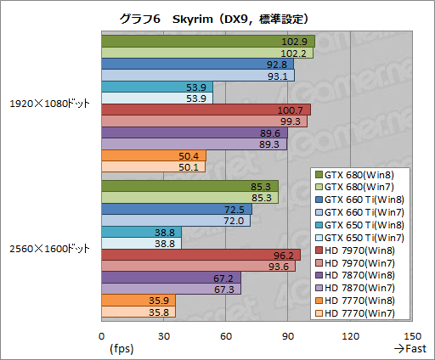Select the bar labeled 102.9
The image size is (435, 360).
tap(207, 41)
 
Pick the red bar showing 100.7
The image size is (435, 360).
tap(206, 110)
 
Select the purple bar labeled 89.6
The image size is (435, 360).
tap(194, 132)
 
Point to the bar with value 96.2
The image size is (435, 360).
tap(201, 255)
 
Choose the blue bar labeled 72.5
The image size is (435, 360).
tap(176, 209)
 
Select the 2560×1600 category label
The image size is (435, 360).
tap(49, 249)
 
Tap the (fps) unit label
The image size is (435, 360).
tap(121, 348)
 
